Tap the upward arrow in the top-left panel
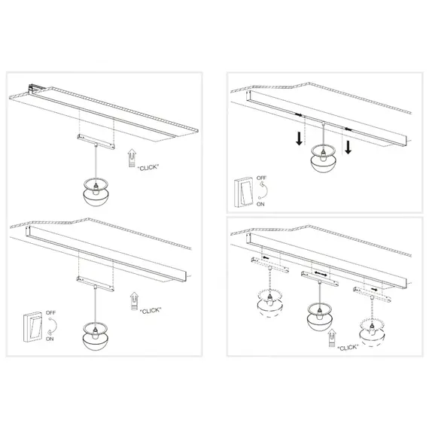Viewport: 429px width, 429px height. click(x=132, y=156)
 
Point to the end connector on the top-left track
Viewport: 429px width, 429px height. click(x=34, y=87)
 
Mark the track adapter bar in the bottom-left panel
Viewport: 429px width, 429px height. click(x=95, y=281)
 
